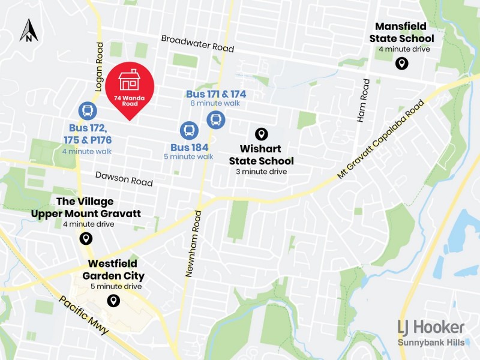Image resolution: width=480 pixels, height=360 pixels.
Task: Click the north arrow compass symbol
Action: [x=28, y=31]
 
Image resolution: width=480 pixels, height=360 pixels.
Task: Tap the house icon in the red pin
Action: [x=130, y=79]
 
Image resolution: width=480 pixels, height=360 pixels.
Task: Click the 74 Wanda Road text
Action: [x=130, y=99]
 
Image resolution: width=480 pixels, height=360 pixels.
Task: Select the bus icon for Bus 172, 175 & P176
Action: [x=88, y=110]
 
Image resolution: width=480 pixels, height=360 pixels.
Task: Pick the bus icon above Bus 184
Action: [x=189, y=130]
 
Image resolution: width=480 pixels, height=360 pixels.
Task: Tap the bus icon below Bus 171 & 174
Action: [x=215, y=119]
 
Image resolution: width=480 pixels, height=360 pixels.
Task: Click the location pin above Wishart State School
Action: [x=261, y=134]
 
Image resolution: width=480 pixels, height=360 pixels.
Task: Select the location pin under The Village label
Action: [x=86, y=238]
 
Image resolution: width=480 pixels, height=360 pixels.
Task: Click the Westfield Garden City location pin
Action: [x=113, y=301]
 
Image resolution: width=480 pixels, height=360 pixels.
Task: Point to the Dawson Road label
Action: [x=124, y=179]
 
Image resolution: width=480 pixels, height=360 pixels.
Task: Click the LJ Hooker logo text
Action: [x=431, y=327]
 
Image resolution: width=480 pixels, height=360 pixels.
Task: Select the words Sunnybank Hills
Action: [x=431, y=343]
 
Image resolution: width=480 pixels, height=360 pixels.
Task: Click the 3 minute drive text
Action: [x=261, y=172]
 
